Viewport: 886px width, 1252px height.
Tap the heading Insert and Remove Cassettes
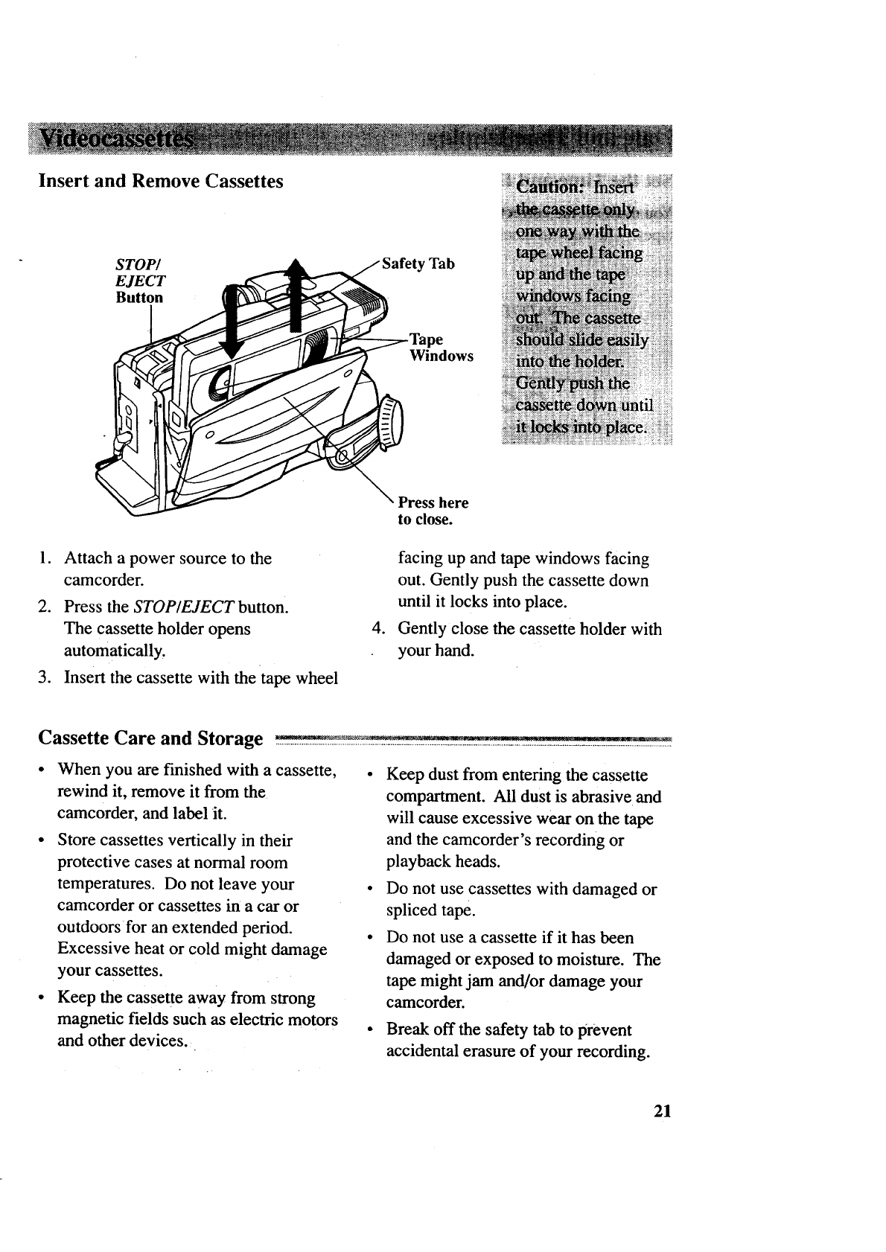pos(161,181)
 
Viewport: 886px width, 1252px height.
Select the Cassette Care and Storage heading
pos(150,738)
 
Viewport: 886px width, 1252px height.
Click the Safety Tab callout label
pos(418,264)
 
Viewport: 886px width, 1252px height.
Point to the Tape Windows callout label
pos(440,348)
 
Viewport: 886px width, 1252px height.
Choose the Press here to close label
pos(433,511)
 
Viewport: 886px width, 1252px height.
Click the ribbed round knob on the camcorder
pos(389,425)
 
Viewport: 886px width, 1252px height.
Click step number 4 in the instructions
pos(377,629)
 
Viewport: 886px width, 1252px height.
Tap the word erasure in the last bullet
pos(486,1052)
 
